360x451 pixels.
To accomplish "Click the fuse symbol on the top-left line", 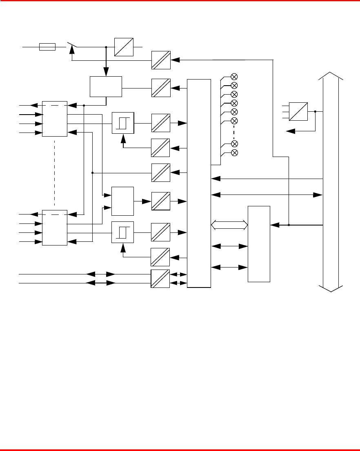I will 47,47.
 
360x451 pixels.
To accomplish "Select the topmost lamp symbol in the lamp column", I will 234,77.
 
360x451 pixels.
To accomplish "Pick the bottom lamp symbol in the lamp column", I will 234,153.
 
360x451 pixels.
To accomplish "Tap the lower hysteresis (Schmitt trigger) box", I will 123,232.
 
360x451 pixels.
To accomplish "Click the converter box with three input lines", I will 298,111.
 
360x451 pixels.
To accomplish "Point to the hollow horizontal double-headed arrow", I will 230,225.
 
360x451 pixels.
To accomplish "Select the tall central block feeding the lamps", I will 199,183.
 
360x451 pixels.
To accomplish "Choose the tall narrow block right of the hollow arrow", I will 259,244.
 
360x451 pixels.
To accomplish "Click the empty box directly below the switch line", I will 106,86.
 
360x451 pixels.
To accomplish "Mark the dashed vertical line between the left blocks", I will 55,173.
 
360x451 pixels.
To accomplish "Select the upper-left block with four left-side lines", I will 55,119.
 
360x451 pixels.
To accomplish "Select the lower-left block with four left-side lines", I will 55,228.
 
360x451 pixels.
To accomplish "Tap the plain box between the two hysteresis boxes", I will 123,201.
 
